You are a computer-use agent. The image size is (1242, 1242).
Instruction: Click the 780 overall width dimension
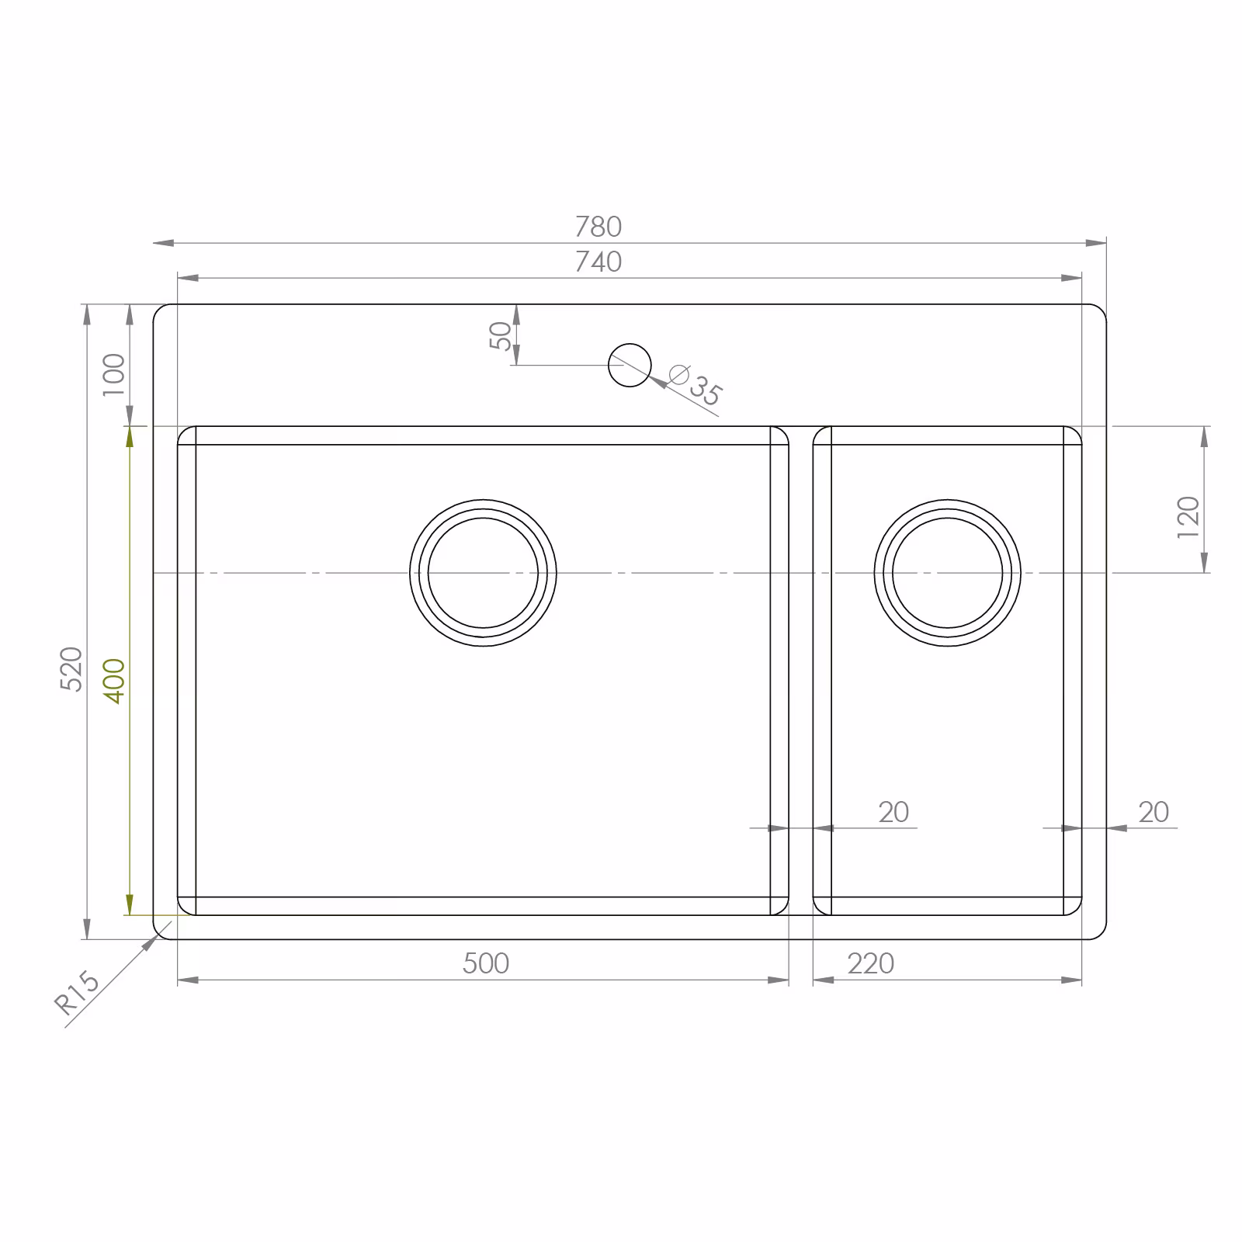(x=598, y=227)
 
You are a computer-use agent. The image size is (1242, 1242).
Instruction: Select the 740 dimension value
(x=598, y=262)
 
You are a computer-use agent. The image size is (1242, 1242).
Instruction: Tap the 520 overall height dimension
(x=71, y=668)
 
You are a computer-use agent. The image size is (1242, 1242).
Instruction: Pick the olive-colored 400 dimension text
(x=114, y=681)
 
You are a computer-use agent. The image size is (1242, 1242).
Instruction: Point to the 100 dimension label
(x=114, y=373)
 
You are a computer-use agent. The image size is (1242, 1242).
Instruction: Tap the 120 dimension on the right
(x=1188, y=517)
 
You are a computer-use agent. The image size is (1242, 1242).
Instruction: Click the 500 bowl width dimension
(x=486, y=963)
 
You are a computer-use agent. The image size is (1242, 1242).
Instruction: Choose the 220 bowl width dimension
(x=871, y=963)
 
